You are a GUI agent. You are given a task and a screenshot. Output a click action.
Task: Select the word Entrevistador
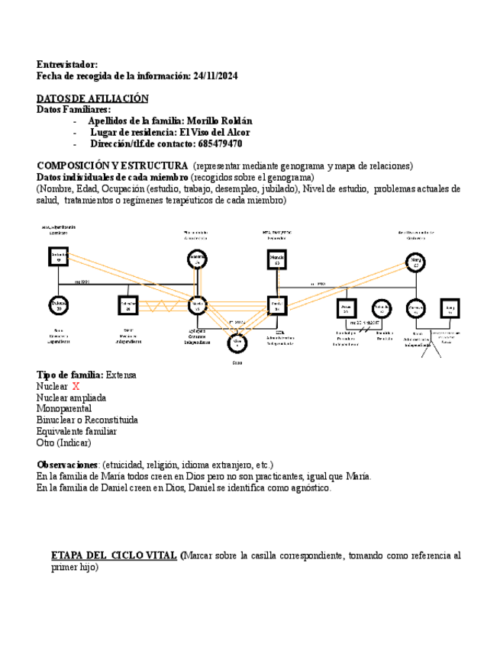click(67, 65)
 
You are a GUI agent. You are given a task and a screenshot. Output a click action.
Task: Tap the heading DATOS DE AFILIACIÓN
click(92, 98)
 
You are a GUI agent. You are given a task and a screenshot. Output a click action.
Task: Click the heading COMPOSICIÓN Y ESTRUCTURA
click(112, 166)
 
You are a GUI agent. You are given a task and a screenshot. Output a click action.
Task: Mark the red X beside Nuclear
click(76, 387)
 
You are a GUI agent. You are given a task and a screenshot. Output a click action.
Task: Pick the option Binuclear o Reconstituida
click(87, 420)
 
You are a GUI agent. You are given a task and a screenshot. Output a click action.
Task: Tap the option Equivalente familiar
click(76, 431)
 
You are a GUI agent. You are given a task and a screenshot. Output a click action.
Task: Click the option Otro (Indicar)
click(63, 443)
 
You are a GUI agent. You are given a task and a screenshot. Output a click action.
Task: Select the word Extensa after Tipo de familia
click(121, 375)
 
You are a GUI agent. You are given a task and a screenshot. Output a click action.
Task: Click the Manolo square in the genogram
click(276, 260)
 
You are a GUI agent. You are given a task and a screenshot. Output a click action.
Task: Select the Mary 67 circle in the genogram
click(416, 261)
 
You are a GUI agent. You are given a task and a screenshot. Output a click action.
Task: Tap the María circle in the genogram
click(198, 305)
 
